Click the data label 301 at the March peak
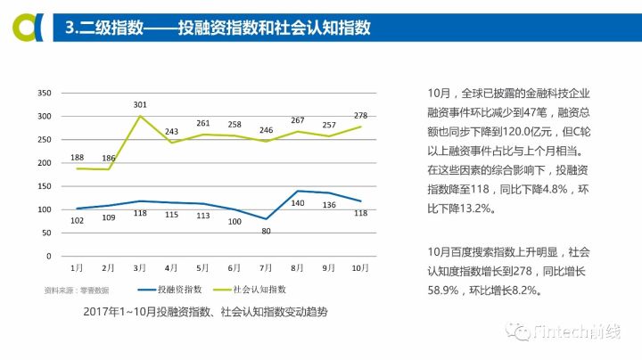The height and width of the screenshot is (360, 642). (140, 105)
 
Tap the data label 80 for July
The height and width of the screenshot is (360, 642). (267, 233)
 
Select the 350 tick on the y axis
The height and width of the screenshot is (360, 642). (43, 94)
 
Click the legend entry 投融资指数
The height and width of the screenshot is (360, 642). (179, 290)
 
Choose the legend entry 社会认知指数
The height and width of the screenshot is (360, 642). (259, 290)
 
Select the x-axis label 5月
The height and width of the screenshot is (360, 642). (202, 266)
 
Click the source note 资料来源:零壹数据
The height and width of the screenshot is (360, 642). (77, 290)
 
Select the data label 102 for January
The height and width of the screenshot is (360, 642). (78, 221)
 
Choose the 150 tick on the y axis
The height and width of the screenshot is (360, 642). (43, 186)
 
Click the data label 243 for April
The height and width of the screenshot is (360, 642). (171, 131)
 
